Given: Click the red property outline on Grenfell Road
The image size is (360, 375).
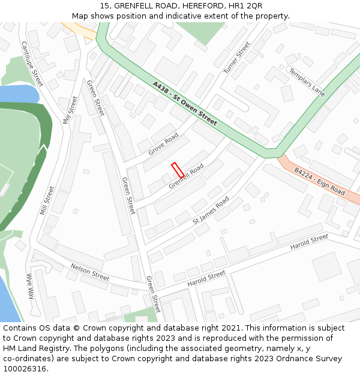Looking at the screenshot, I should coord(178,169).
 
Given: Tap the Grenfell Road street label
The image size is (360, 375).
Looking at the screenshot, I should coord(186,176).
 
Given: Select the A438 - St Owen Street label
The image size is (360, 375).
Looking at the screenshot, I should coord(184,103).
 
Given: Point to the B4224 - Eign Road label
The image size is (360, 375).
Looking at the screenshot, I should coord(319,181).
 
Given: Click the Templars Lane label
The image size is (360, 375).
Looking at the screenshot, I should coord(307,82).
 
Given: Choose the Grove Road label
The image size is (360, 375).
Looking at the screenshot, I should coord(164,144).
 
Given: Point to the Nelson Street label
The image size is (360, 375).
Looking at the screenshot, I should coord(90,272).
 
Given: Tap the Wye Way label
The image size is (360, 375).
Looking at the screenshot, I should coord(30,286).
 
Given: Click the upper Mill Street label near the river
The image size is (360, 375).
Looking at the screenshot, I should coord(70,110).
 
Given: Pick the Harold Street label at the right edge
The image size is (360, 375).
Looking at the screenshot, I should coord(309,242).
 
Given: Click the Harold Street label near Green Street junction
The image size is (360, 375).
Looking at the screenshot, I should coord(206,278).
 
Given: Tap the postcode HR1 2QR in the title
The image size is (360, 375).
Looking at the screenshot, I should coord(248,5).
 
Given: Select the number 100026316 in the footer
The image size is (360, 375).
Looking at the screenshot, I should coord(25,368).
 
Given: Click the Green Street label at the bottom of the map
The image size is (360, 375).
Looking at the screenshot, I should coord(154,295).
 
